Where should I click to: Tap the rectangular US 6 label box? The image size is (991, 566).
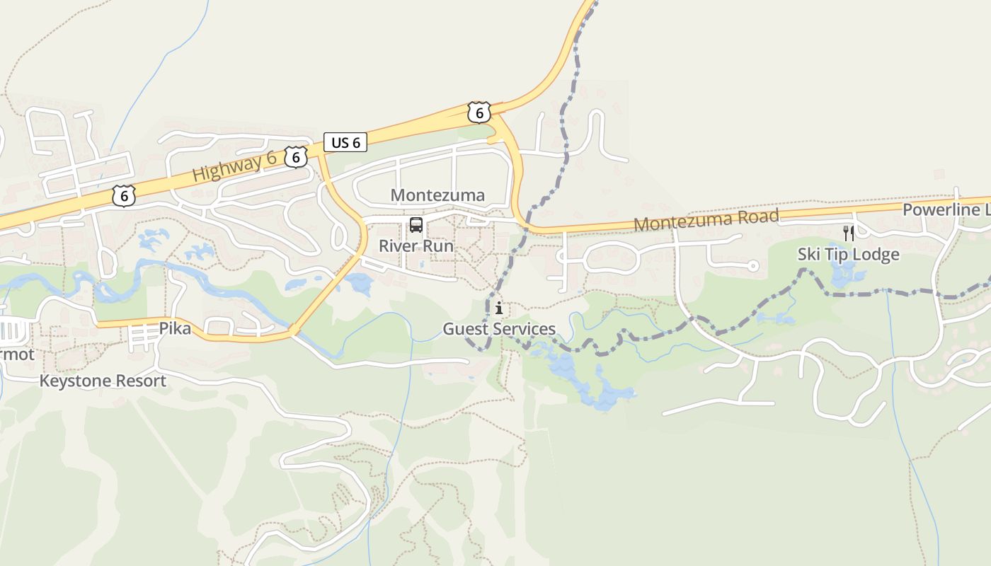(x=345, y=142)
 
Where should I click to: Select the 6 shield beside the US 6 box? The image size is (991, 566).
(x=296, y=156)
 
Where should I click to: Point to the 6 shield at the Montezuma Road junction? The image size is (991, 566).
(x=479, y=112)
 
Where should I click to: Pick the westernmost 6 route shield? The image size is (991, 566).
(x=124, y=195)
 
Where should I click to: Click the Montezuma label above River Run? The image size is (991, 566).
(x=437, y=195)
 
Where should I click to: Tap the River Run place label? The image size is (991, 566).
(x=416, y=246)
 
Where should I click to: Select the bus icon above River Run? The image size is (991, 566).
(x=416, y=226)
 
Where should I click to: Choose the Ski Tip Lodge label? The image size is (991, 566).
(x=848, y=254)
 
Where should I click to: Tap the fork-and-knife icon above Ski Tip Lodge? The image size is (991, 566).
(x=848, y=233)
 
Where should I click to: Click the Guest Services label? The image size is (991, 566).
(x=499, y=329)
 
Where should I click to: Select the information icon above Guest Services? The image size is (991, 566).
(x=499, y=308)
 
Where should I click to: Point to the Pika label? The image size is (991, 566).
(x=175, y=328)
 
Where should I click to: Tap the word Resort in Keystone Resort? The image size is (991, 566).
(x=142, y=381)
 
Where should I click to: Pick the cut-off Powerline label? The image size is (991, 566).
(x=946, y=210)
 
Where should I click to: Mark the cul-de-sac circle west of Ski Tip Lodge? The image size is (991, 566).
(x=753, y=266)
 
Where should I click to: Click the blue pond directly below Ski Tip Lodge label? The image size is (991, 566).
(x=844, y=277)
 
